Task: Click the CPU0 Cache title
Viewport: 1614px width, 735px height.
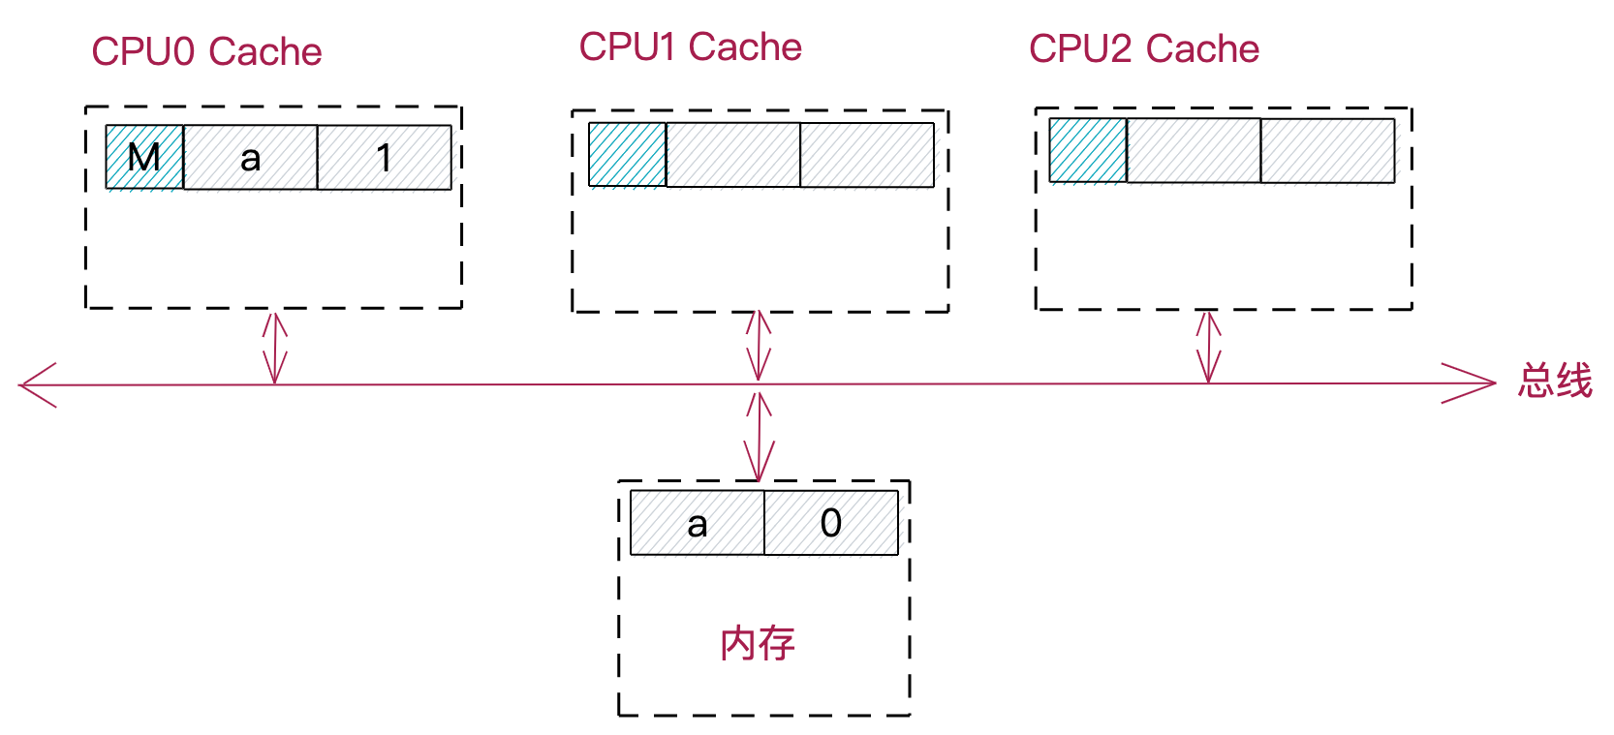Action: (x=206, y=52)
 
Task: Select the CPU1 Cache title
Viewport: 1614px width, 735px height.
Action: (x=690, y=47)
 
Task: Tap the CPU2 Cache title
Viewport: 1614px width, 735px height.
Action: (x=1143, y=49)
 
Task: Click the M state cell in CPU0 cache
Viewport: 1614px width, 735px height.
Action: (x=144, y=157)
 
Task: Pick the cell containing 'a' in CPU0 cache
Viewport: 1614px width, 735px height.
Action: (x=250, y=157)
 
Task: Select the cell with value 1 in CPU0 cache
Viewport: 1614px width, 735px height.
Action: (x=384, y=157)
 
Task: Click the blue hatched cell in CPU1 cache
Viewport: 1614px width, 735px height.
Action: (x=627, y=154)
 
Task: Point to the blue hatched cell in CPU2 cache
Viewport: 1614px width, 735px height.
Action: (x=1088, y=150)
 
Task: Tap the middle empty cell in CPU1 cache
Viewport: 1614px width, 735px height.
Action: (x=732, y=154)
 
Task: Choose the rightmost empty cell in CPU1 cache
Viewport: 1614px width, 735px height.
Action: (x=867, y=154)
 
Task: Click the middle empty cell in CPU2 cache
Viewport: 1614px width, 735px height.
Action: (x=1194, y=150)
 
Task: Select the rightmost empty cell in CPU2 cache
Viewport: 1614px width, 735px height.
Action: (x=1327, y=150)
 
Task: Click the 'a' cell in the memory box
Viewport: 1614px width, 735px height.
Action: (x=697, y=523)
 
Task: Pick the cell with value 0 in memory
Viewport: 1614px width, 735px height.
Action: (x=831, y=523)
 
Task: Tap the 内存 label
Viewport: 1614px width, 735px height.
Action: (x=758, y=644)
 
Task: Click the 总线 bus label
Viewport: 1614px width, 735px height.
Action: (x=1555, y=381)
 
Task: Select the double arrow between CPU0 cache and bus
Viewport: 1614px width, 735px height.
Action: (x=275, y=347)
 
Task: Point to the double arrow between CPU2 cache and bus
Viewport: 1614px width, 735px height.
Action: (x=1208, y=346)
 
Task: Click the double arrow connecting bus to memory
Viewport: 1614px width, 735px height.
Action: (x=760, y=436)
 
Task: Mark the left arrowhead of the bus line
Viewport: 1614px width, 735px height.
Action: (x=37, y=385)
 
